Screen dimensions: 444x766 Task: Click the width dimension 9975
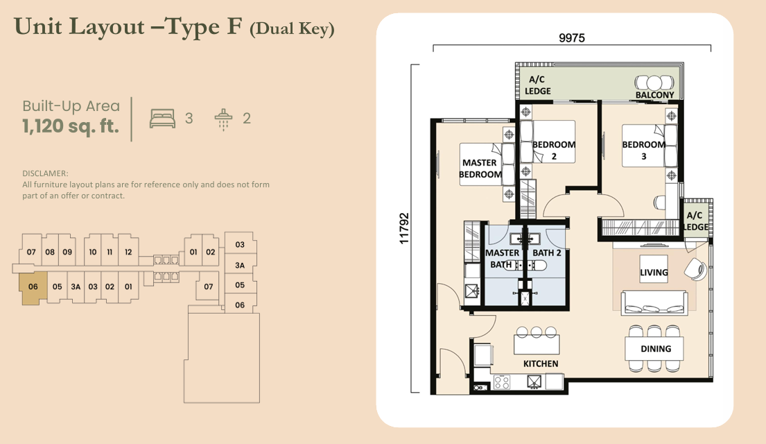coord(572,39)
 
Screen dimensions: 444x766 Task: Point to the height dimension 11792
coord(404,228)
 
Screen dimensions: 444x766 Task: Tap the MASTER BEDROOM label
coord(479,169)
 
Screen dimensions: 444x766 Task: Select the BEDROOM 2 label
coord(554,150)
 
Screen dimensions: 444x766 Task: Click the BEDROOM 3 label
coord(643,150)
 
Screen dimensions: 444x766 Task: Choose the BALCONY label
coord(654,95)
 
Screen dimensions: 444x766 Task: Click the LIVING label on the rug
coord(654,273)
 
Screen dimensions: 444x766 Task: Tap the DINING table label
coord(655,348)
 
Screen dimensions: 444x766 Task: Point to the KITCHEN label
coord(541,364)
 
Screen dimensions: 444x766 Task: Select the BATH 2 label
coord(546,253)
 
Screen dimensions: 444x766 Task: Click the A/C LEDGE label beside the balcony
coord(538,85)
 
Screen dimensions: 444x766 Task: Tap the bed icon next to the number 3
coord(163,118)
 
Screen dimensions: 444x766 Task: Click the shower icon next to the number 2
coord(223,118)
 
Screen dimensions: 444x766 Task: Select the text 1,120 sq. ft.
coord(70,127)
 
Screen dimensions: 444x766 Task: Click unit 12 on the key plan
coord(128,252)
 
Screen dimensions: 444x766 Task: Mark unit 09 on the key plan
coord(67,252)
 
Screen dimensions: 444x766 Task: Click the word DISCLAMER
coord(45,173)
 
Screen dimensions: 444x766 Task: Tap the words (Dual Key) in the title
coord(292,28)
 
